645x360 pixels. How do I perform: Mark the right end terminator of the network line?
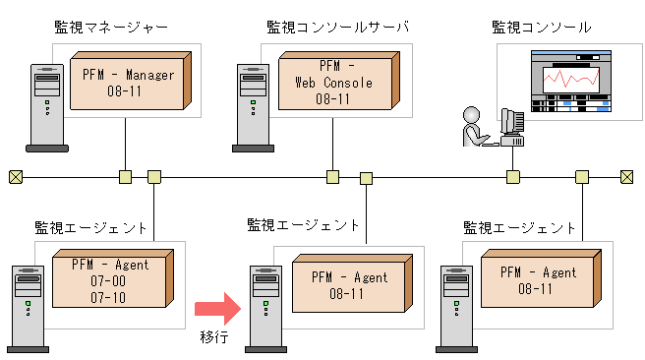click(626, 177)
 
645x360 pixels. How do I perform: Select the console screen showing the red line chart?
click(565, 84)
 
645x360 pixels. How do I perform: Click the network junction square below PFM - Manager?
click(125, 177)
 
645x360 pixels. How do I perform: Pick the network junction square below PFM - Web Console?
click(333, 177)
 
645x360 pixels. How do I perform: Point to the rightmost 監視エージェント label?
click(519, 227)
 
